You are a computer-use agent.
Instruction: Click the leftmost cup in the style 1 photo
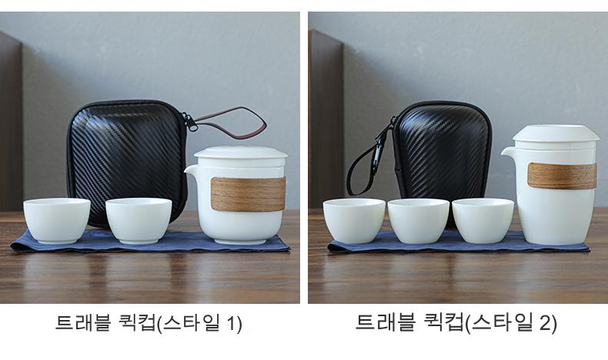[57, 220]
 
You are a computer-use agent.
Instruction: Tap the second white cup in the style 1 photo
[139, 220]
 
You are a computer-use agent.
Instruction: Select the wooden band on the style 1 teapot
[248, 194]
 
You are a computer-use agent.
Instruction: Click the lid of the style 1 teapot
[240, 153]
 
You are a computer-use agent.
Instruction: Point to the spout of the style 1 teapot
[191, 171]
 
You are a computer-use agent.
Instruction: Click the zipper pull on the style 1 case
[191, 122]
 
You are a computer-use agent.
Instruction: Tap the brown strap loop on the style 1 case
[232, 122]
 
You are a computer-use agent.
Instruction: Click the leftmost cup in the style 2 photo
[354, 221]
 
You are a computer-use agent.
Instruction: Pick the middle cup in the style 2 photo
[419, 221]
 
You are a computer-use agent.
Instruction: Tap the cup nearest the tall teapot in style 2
[483, 221]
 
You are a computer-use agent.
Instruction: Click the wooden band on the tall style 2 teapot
[562, 175]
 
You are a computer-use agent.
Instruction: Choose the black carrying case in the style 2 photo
[442, 155]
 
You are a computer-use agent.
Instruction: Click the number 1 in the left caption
[231, 322]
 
